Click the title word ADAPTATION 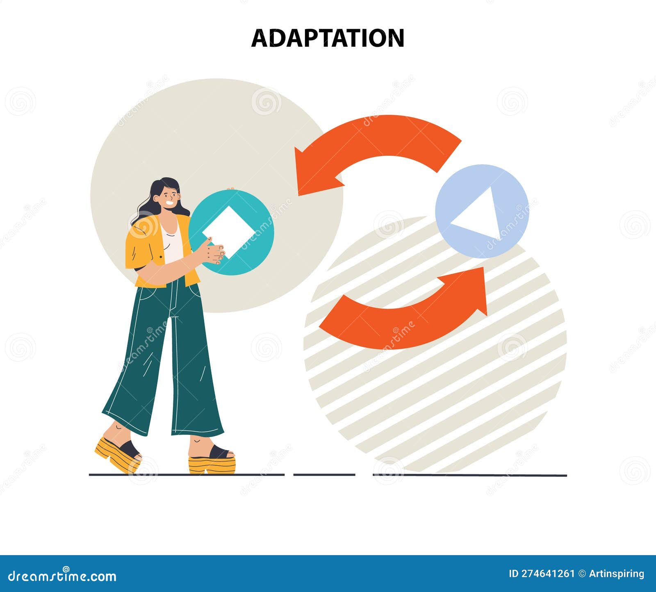tap(328, 38)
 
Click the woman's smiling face tap(169, 197)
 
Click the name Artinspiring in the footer tap(617, 574)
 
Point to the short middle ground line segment tap(324, 475)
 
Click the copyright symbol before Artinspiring tap(582, 574)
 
